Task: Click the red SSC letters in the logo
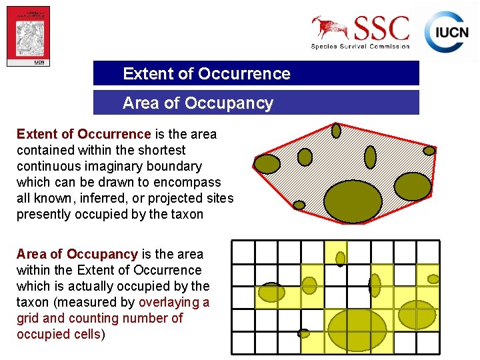[381, 28]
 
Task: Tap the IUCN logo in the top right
[446, 32]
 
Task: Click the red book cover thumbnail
[29, 36]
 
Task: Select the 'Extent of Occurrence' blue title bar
[256, 73]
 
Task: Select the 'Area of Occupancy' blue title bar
[256, 103]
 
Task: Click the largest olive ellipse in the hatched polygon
[353, 201]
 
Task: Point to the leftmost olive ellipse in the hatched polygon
[267, 164]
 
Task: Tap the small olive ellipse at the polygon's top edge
[337, 130]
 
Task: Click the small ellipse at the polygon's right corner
[429, 151]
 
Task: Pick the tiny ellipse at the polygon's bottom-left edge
[299, 205]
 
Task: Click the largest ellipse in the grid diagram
[358, 329]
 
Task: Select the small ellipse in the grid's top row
[341, 258]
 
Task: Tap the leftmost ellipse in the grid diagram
[271, 292]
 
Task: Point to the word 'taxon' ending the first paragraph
[186, 214]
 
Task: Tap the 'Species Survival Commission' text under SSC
[361, 46]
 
